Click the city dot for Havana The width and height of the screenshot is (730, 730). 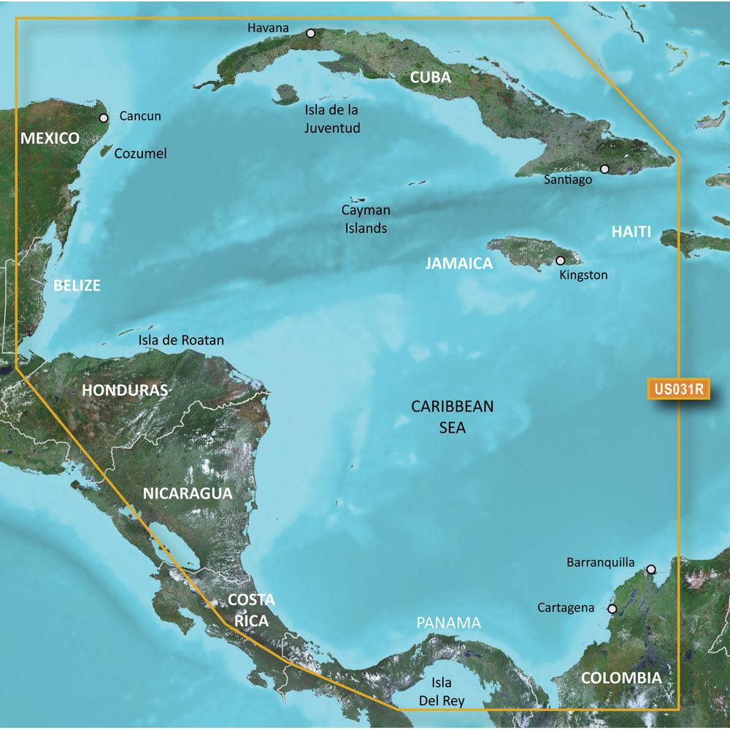point(311,33)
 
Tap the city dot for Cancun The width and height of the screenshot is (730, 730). point(104,117)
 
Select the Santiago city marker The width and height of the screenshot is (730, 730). point(604,169)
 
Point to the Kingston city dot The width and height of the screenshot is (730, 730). point(561,260)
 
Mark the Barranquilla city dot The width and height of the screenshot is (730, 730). point(650,569)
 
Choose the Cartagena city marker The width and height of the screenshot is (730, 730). point(612,608)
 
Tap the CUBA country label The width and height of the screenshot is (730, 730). point(430,77)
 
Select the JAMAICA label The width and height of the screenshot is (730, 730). point(459,264)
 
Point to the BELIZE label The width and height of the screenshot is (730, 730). point(77,285)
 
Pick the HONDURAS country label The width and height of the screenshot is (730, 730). point(125,390)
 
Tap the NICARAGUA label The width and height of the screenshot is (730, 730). point(188,493)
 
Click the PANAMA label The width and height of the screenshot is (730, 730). point(449,623)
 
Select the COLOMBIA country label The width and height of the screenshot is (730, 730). point(621,678)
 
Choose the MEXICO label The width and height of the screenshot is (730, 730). point(50,138)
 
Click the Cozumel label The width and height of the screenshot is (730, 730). point(143,153)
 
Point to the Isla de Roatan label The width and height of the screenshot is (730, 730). point(181,340)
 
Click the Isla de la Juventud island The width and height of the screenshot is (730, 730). point(285,93)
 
